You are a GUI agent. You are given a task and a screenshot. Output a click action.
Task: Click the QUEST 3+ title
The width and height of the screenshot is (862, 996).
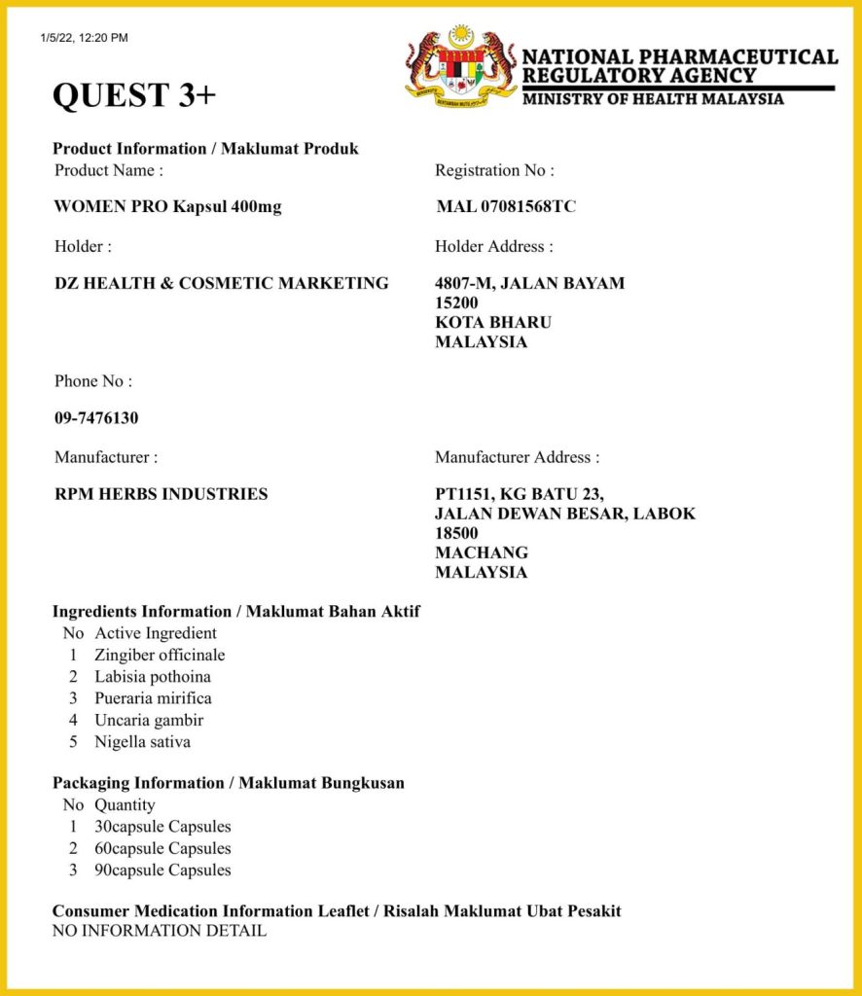(x=134, y=95)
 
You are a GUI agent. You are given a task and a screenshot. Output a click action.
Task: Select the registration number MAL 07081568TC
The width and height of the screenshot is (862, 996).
(x=506, y=206)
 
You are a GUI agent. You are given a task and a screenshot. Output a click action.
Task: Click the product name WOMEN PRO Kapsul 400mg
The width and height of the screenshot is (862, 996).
(x=168, y=206)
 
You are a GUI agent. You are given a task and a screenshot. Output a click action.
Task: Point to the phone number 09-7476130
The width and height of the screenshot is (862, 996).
(x=96, y=418)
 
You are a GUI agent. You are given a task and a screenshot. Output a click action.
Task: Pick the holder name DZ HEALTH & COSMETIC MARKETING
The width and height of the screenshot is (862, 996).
(x=222, y=283)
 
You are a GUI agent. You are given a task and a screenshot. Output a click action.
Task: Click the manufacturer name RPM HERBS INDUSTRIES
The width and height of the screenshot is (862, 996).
(x=162, y=494)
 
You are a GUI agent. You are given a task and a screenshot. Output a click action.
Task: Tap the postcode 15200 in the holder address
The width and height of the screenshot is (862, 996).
(x=456, y=302)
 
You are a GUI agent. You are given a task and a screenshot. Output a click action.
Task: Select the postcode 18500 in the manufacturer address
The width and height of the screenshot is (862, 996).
(x=456, y=533)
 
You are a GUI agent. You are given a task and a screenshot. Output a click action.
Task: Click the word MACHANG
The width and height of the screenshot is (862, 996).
(x=482, y=552)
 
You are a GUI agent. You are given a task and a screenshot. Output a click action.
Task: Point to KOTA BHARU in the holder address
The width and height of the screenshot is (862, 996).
(x=493, y=322)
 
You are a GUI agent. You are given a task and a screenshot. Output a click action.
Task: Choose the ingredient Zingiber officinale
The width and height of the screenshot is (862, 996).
(x=160, y=656)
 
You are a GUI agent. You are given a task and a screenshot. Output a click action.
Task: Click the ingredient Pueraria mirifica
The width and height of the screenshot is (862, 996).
(x=153, y=698)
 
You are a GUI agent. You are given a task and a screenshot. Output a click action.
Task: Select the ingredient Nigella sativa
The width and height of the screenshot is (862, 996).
(x=142, y=742)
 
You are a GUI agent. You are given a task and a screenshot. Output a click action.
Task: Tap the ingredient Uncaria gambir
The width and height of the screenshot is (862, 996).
(x=149, y=721)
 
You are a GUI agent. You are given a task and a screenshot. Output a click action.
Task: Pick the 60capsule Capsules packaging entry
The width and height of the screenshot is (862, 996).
(x=162, y=848)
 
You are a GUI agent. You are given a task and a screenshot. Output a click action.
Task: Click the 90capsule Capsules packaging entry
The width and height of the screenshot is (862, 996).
(x=162, y=871)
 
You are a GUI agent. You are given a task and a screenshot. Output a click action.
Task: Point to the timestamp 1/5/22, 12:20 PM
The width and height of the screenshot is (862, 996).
(x=85, y=38)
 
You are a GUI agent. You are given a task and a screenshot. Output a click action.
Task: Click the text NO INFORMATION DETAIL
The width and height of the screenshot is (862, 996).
(x=160, y=931)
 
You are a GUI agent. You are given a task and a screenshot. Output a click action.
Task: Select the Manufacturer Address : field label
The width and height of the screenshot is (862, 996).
(x=518, y=457)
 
